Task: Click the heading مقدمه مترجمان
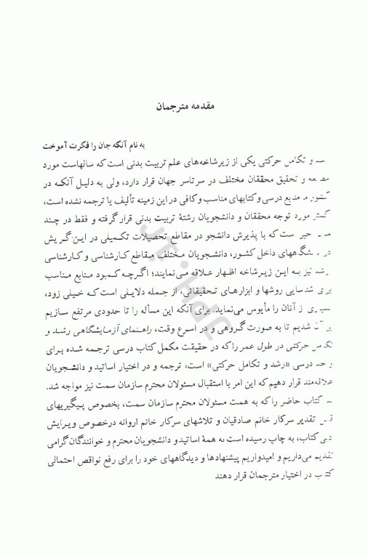183,107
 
